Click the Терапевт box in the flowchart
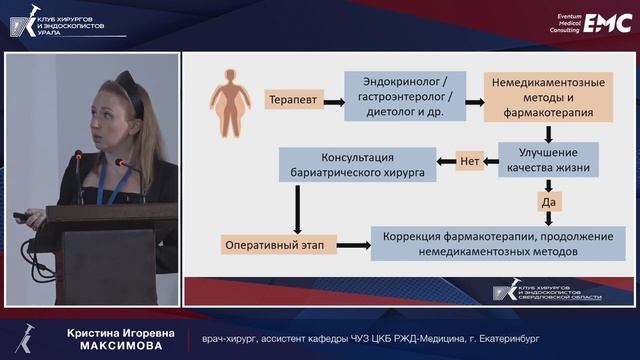[289, 99]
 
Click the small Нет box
[470, 160]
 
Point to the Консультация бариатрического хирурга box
[359, 166]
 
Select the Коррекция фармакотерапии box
[497, 245]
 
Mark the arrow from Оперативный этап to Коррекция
[353, 245]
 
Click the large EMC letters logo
[608, 22]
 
